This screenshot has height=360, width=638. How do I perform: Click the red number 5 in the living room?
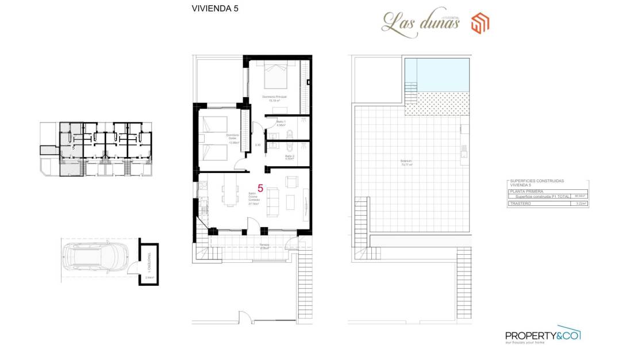coord(260,188)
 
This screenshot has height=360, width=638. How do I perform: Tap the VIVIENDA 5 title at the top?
coord(214,9)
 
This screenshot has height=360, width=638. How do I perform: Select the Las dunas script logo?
coord(421,25)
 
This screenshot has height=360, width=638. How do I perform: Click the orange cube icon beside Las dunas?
coord(480,24)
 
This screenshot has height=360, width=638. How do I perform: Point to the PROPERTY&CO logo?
coord(542,336)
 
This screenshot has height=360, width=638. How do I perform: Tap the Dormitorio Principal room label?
coord(274,98)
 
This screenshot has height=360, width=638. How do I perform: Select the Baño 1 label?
coord(281,123)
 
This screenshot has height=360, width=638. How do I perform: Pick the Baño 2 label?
coord(289,157)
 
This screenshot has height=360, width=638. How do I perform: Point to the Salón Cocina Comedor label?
coord(252,198)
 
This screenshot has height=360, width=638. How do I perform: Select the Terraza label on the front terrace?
coord(264,247)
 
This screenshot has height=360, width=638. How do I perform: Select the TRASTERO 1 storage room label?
coord(147,261)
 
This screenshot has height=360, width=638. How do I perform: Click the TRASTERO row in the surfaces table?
coord(547,203)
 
